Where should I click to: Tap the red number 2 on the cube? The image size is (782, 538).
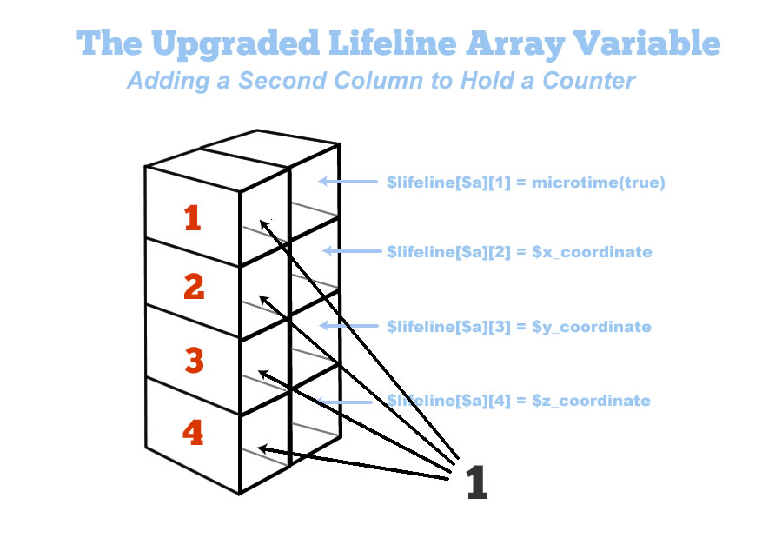[x=193, y=286]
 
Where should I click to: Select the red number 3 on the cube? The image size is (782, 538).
[x=193, y=359]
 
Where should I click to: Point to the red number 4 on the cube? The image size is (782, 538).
[x=193, y=432]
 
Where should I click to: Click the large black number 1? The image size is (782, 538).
[x=476, y=482]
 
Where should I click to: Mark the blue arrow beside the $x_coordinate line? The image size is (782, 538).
[x=352, y=252]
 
